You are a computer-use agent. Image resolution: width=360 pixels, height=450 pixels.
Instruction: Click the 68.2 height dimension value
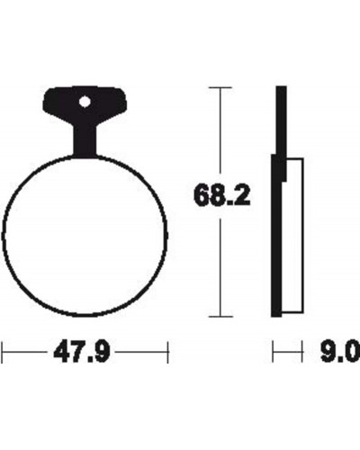click(222, 195)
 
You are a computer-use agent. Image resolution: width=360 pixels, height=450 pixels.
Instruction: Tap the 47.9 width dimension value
click(82, 352)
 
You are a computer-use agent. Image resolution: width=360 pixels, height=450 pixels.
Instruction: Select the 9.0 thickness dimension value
click(340, 352)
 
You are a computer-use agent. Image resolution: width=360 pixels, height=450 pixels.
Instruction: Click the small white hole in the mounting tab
click(85, 102)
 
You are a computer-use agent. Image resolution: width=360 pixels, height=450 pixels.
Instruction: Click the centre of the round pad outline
click(85, 236)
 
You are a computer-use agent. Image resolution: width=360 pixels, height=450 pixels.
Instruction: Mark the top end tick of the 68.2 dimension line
click(220, 87)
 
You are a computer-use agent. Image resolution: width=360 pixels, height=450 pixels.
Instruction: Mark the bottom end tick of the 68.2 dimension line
click(220, 316)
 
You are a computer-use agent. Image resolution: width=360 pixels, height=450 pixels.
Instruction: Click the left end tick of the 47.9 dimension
click(3, 352)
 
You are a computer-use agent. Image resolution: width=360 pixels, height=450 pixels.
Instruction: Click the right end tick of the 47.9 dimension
click(168, 352)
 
